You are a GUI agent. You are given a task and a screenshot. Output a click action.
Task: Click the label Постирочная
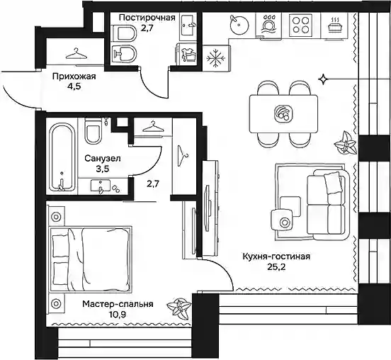pyautogui.click(x=147, y=18)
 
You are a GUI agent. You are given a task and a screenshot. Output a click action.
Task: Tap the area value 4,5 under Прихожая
pyautogui.click(x=74, y=87)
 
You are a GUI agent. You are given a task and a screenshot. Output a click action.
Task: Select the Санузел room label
pyautogui.click(x=103, y=158)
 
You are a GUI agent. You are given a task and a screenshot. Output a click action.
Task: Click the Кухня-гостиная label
pyautogui.click(x=276, y=257)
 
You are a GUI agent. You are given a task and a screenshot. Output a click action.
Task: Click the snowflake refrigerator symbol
pyautogui.click(x=216, y=59)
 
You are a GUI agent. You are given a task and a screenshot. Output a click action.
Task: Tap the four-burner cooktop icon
pyautogui.click(x=301, y=25)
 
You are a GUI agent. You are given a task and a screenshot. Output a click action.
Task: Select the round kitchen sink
pyautogui.click(x=239, y=25)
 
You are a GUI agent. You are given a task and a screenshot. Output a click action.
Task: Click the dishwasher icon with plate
pyautogui.click(x=268, y=25)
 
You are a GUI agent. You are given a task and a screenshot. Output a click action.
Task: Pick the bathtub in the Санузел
pyautogui.click(x=62, y=157)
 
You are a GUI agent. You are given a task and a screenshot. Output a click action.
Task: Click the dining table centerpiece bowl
pyautogui.click(x=283, y=113)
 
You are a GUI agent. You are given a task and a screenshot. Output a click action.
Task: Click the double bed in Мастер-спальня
pyautogui.click(x=91, y=259)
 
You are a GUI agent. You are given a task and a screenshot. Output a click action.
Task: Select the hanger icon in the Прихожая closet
pyautogui.click(x=76, y=54)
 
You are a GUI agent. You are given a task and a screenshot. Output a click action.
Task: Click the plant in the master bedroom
pyautogui.click(x=179, y=308)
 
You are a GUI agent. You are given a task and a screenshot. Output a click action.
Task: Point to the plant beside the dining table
pyautogui.click(x=345, y=144)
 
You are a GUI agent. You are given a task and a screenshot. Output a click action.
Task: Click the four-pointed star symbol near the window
pyautogui.click(x=323, y=79)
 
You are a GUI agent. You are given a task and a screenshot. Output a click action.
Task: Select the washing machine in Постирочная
pyautogui.click(x=187, y=54)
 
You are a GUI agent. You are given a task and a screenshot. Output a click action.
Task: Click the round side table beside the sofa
pyautogui.click(x=282, y=222)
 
